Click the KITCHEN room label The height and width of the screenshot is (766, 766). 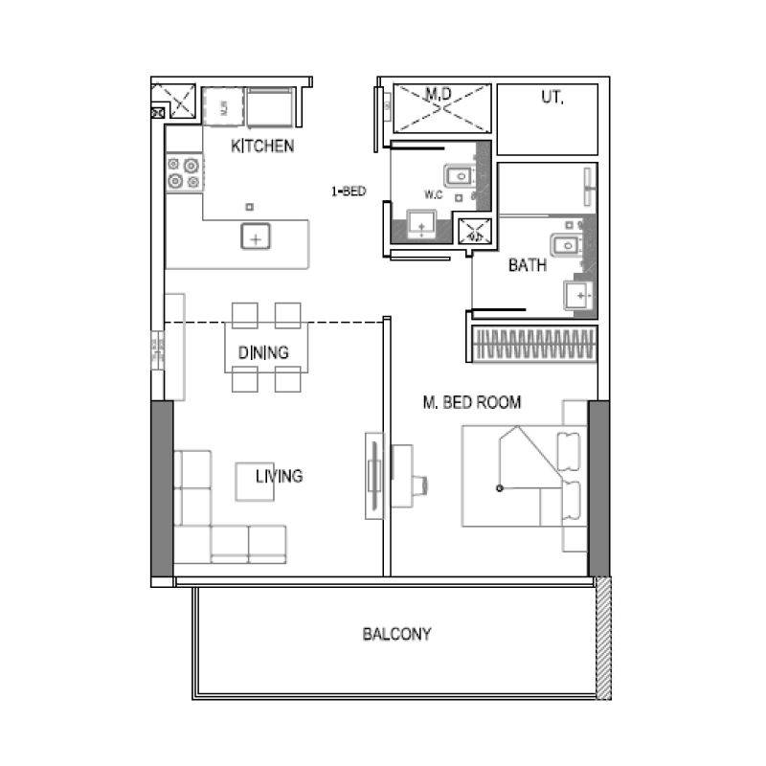(262, 146)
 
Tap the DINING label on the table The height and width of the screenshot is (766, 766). (263, 353)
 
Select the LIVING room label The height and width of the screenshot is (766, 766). (280, 476)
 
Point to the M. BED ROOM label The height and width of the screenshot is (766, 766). (472, 403)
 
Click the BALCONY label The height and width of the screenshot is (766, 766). (396, 634)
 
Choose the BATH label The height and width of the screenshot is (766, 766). (528, 265)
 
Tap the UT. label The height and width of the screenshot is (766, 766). (552, 97)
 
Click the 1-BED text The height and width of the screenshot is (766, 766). (349, 191)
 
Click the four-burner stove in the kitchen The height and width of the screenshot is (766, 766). (184, 173)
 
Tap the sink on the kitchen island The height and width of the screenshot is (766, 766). (256, 235)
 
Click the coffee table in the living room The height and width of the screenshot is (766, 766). (256, 482)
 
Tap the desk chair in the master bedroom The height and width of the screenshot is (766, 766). (421, 486)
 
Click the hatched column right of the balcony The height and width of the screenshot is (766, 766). (603, 637)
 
